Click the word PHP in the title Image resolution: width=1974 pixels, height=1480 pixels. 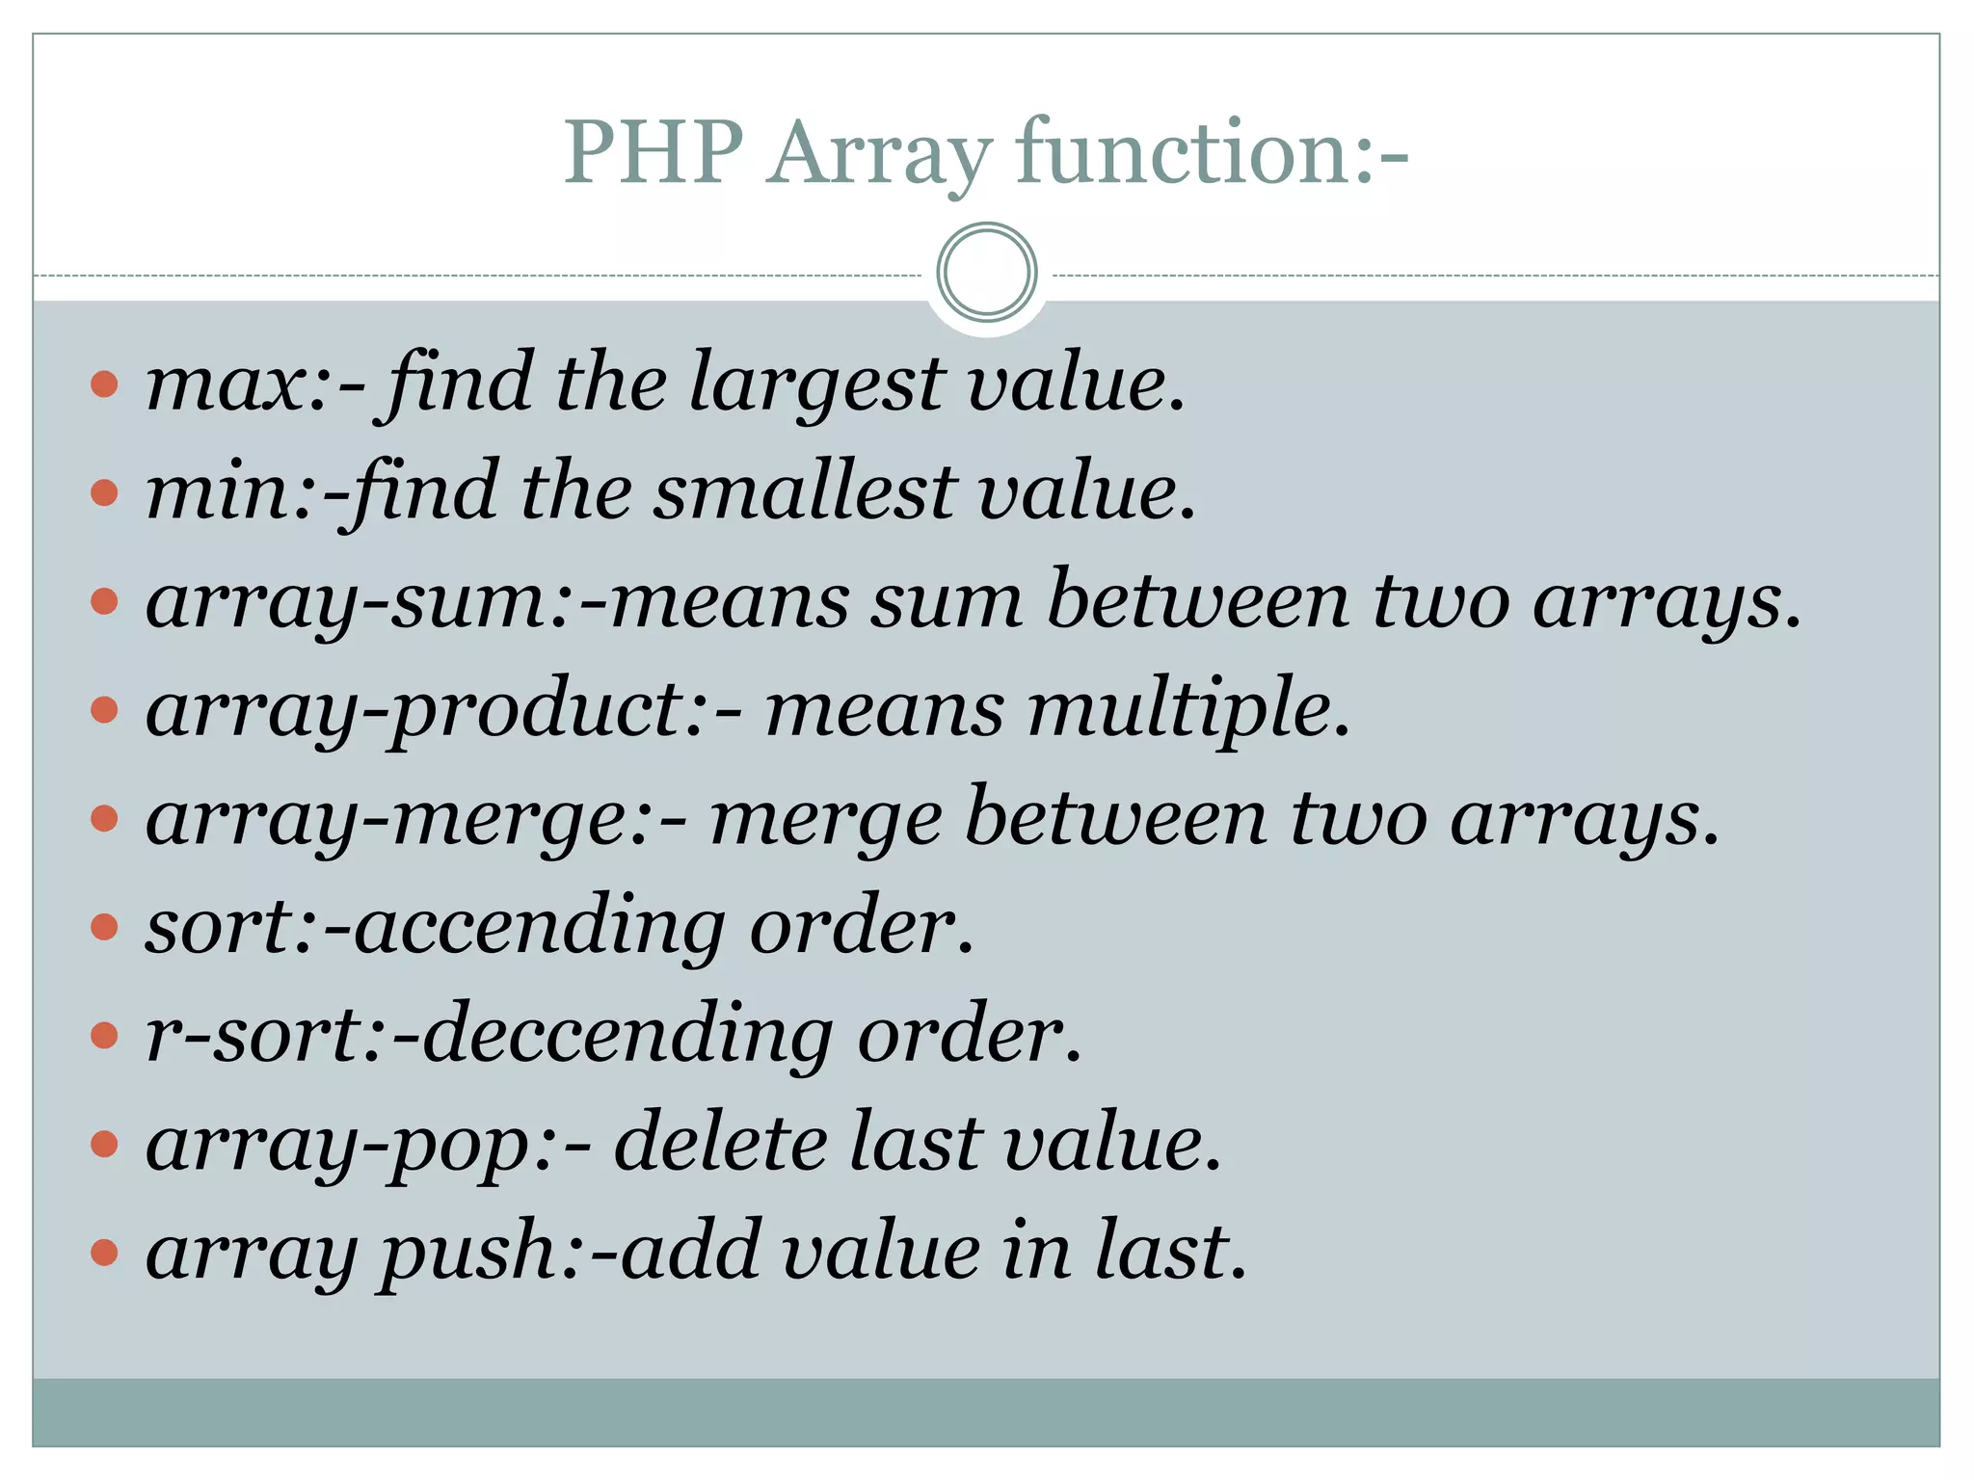click(x=654, y=151)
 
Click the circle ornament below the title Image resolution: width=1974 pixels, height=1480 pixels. click(x=986, y=273)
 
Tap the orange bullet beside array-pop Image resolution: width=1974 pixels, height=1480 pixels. click(x=104, y=1145)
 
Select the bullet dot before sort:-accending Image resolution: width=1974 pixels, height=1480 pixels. click(x=104, y=928)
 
